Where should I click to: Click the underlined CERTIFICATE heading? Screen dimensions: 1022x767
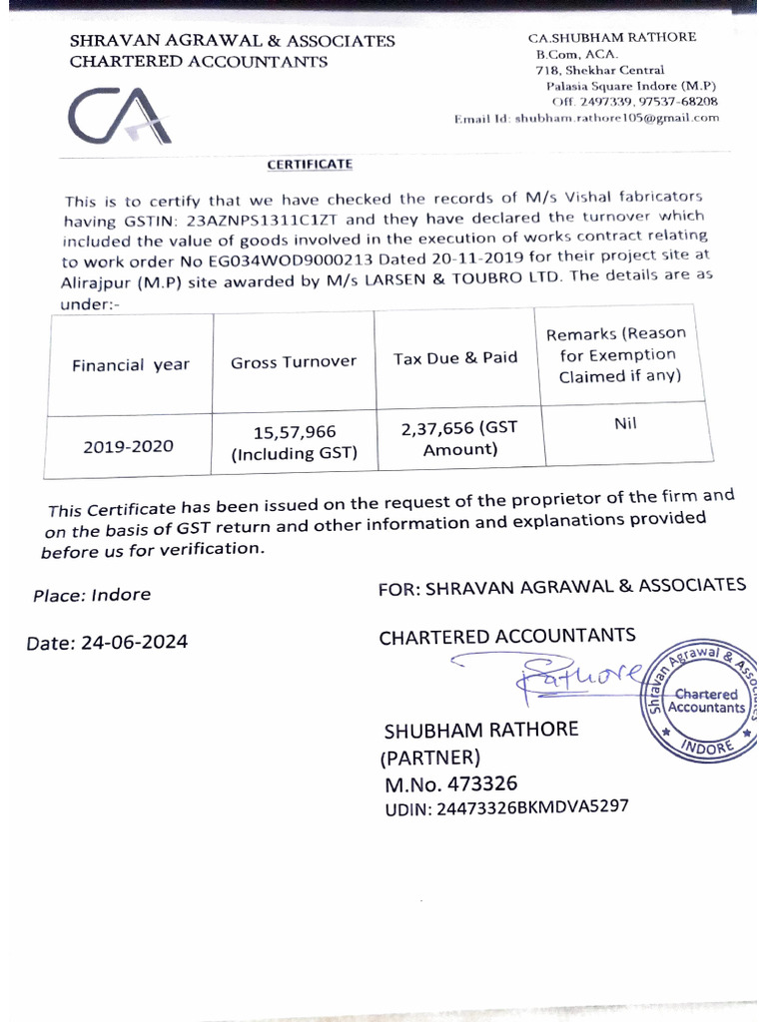pos(309,164)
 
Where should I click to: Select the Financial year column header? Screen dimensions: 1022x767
pos(130,365)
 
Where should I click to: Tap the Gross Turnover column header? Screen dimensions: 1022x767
pos(294,362)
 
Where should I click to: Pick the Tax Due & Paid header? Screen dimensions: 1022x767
pos(455,357)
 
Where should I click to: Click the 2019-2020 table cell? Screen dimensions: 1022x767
pos(128,446)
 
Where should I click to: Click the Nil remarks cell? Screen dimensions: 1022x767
pos(626,423)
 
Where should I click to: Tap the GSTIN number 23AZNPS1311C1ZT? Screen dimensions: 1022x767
pos(266,219)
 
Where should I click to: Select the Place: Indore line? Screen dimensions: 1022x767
pos(92,595)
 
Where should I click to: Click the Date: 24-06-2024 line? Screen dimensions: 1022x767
pos(107,643)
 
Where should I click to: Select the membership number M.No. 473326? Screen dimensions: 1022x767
pos(451,783)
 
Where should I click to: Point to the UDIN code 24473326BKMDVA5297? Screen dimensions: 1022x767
pos(506,808)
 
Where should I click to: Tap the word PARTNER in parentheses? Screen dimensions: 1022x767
pos(431,757)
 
